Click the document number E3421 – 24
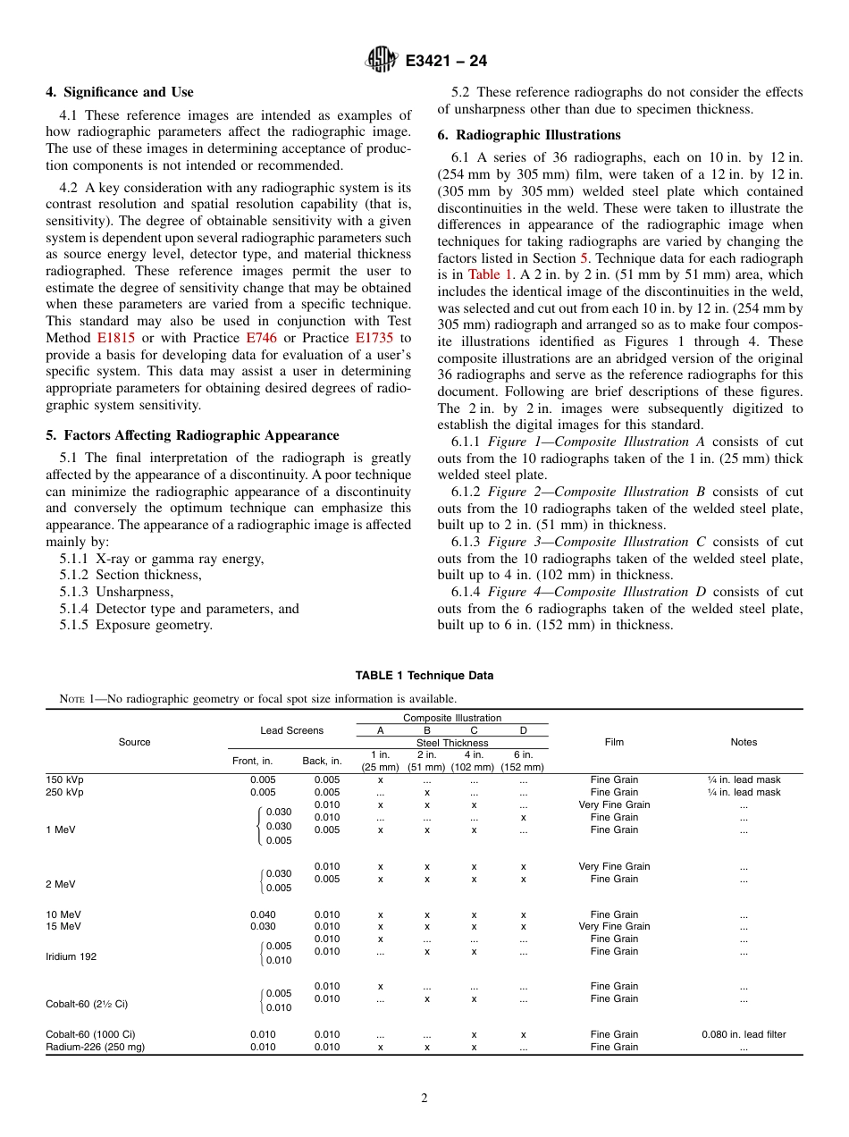[446, 62]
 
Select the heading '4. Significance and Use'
[120, 92]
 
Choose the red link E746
[263, 338]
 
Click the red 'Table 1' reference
[484, 274]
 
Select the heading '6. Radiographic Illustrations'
[529, 135]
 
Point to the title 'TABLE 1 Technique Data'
[424, 676]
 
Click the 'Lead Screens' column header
[291, 730]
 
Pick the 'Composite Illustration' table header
[452, 718]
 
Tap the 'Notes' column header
[743, 742]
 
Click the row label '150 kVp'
[64, 779]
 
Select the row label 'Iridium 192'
[71, 956]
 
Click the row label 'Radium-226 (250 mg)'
[95, 1047]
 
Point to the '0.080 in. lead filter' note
[743, 1034]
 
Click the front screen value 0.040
[263, 914]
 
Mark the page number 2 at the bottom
[424, 1099]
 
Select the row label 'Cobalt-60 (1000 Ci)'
[91, 1034]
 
